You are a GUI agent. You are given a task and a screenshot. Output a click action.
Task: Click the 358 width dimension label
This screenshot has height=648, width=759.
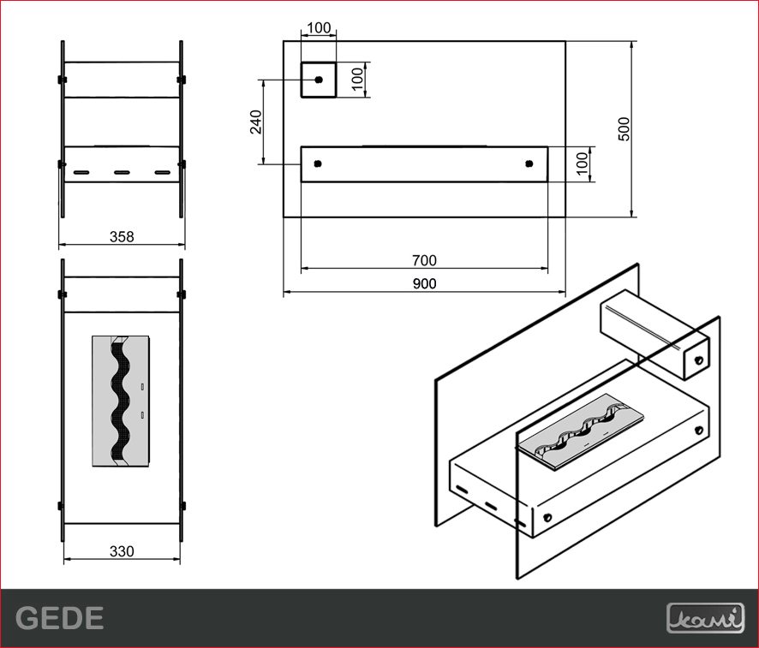(122, 236)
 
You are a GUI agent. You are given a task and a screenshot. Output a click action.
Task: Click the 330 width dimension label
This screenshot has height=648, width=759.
(122, 551)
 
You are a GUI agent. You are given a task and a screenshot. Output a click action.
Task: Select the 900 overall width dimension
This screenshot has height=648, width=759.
(425, 283)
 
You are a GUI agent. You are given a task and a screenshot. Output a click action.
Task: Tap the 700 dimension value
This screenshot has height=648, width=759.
(425, 260)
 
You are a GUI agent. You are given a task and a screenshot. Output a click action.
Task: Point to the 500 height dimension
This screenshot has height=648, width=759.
(625, 129)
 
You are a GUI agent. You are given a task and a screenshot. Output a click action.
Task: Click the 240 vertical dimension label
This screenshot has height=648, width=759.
(256, 122)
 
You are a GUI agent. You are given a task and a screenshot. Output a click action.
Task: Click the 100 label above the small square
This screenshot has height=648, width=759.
(319, 28)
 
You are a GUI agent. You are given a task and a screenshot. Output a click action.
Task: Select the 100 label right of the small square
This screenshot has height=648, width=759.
(357, 80)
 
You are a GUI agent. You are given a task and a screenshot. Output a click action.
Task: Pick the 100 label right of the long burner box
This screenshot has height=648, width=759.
(583, 163)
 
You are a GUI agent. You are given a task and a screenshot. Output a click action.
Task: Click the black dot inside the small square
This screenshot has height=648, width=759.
(319, 80)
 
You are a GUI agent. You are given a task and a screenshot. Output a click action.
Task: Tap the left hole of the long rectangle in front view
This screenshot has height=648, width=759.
(318, 164)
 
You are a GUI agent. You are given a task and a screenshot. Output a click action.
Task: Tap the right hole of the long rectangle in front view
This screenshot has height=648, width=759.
(529, 164)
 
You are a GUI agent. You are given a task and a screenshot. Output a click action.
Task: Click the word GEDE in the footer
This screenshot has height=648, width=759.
(60, 618)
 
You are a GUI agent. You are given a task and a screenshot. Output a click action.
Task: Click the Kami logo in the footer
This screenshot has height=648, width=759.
(705, 618)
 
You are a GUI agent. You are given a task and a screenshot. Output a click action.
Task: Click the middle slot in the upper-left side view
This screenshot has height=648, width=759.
(122, 172)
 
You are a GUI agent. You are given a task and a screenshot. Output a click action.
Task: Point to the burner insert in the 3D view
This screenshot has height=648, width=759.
(581, 432)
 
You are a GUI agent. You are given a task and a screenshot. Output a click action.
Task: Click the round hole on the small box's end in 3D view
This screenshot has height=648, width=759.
(698, 360)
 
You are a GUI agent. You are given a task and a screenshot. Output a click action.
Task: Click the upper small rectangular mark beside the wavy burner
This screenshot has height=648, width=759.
(142, 386)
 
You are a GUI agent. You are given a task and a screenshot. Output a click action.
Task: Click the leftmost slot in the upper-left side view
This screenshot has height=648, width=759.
(81, 172)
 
